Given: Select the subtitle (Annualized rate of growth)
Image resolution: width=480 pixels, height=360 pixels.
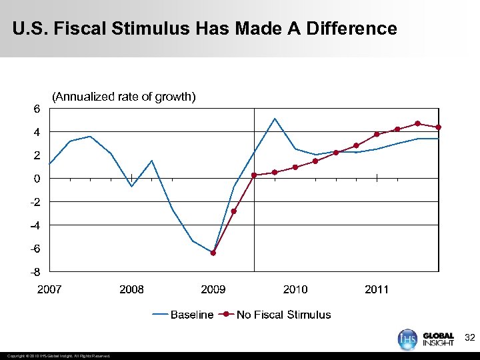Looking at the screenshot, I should click(x=124, y=97).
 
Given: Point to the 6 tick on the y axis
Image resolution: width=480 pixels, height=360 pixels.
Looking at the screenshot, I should click(x=37, y=109).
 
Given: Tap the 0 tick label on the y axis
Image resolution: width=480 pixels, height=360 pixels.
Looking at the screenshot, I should click(x=37, y=179).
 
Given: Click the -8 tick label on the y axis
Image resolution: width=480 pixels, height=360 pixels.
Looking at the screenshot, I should click(x=35, y=272).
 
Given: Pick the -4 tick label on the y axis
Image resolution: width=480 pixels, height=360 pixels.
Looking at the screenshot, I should click(x=35, y=225).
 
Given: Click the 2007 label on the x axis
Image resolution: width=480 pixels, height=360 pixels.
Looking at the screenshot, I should click(x=49, y=289).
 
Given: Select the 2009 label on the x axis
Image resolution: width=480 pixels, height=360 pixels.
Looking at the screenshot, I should click(x=213, y=289).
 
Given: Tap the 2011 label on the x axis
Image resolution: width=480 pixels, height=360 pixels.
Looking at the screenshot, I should click(x=377, y=289).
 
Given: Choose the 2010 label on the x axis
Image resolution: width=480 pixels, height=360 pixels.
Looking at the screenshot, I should click(x=295, y=289).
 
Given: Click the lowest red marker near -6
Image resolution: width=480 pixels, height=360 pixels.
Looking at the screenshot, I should click(x=213, y=253).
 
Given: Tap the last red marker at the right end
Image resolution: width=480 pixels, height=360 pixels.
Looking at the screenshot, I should click(x=438, y=127).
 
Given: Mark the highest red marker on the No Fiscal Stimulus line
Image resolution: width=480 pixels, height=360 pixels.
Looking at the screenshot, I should click(x=417, y=123).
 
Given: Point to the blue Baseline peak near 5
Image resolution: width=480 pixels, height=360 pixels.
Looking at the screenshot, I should click(x=275, y=119).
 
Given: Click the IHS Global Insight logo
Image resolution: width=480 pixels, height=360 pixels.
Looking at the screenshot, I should click(x=426, y=338).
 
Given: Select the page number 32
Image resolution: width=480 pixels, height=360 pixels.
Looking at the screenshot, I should click(x=469, y=339).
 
